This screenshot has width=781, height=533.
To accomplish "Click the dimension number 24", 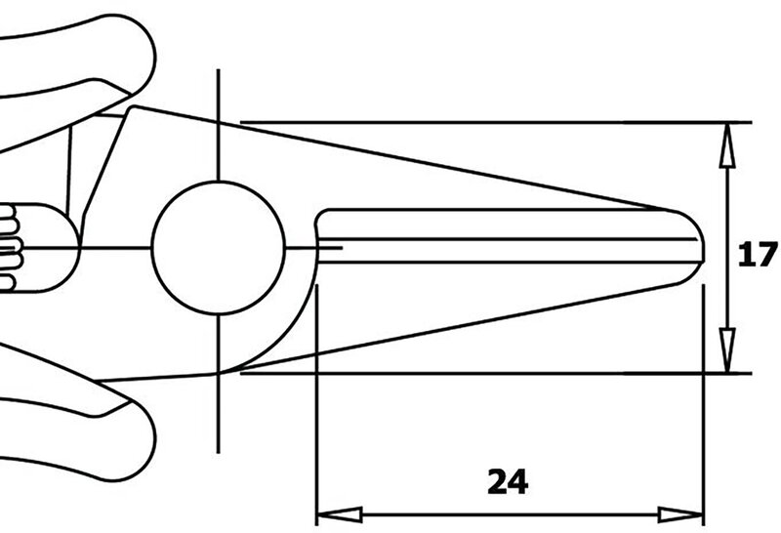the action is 508,481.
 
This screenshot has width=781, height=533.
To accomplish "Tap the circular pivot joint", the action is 218,248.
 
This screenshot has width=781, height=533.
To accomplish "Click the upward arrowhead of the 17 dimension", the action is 727,144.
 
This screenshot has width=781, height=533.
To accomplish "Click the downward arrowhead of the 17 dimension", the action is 727,350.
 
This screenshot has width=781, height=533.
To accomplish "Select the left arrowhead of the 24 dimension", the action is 340,514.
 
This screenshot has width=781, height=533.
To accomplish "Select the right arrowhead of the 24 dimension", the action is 680,514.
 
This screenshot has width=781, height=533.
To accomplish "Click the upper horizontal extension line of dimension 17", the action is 496,122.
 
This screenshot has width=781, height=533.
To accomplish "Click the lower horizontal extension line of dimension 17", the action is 496,373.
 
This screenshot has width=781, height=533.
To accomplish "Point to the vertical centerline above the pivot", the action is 218,125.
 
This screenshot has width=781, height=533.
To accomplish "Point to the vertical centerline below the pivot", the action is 218,384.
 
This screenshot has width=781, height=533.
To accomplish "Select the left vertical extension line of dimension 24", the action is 316,404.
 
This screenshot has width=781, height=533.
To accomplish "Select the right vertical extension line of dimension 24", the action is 703,404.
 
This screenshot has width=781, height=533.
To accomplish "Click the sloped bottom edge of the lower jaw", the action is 448,329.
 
